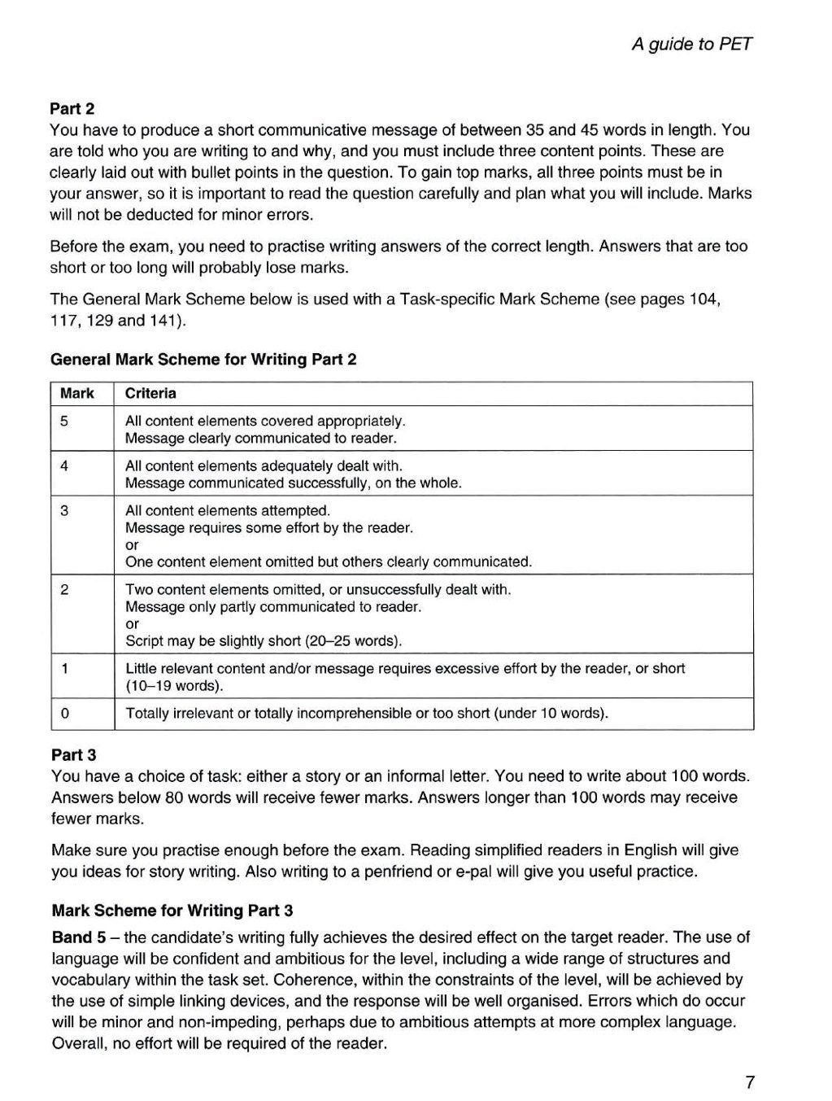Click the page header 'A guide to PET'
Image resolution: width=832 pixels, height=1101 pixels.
(691, 44)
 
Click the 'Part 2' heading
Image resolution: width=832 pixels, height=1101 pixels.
(73, 108)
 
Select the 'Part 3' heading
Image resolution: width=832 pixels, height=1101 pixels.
(74, 754)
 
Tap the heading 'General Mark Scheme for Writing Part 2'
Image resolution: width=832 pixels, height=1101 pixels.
(203, 359)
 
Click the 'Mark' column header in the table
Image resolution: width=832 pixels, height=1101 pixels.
(77, 394)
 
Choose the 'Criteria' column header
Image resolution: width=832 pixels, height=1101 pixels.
(150, 394)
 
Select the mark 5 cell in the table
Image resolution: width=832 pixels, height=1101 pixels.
(64, 422)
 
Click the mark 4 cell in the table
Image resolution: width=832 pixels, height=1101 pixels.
(64, 466)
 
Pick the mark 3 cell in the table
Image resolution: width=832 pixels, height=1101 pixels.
(64, 511)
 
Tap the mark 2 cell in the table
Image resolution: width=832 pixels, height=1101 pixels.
(64, 590)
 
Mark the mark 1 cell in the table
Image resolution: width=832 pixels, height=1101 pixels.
(64, 669)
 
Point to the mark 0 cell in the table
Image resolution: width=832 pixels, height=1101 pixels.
(64, 714)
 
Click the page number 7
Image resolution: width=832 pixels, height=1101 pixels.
(749, 1082)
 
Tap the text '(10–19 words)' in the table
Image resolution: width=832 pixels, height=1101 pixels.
(174, 686)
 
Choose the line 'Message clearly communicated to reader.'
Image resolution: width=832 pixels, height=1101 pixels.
(261, 439)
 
